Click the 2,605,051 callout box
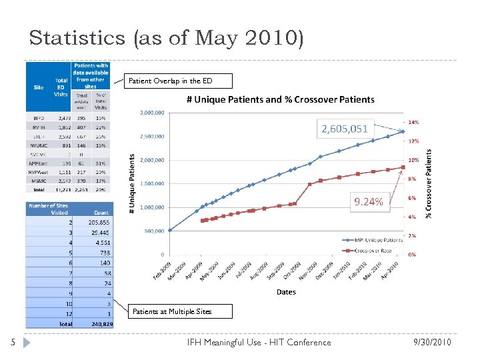(x=345, y=128)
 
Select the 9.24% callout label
(x=368, y=201)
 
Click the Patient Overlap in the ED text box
(x=179, y=81)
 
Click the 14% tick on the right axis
(x=413, y=123)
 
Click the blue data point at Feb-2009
(x=169, y=230)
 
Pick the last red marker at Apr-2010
(x=403, y=167)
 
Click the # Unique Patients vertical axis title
(x=131, y=183)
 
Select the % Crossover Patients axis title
(x=429, y=183)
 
